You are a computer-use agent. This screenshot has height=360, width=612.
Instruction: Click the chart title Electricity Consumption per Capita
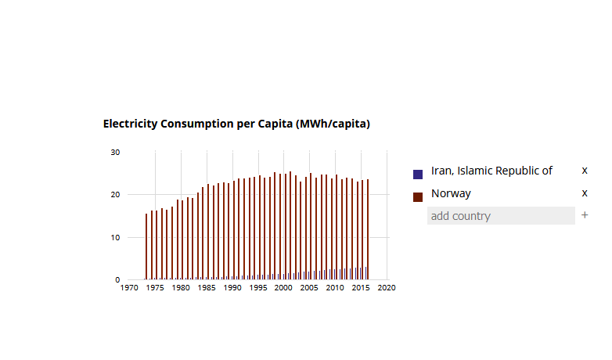point(236,124)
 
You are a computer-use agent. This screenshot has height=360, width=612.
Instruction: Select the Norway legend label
point(451,193)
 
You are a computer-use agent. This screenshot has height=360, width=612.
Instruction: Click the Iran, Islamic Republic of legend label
point(491,171)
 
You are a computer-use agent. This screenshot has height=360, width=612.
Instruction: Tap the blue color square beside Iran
point(418,174)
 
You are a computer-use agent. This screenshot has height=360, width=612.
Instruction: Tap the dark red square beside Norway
point(418,196)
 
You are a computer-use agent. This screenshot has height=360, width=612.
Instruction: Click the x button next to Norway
point(585,193)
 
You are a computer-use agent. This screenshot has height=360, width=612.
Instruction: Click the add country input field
point(501,216)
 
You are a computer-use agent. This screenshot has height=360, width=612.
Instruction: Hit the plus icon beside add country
point(585,215)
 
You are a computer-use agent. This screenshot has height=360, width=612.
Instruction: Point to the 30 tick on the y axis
point(115,152)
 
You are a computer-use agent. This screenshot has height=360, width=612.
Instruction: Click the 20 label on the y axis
point(115,195)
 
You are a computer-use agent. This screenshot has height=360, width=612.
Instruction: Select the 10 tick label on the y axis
point(115,237)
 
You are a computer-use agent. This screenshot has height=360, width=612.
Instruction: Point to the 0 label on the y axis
point(117,279)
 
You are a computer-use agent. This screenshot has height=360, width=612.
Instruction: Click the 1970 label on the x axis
point(130,288)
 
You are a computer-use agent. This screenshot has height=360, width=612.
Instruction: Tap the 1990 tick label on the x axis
point(232,288)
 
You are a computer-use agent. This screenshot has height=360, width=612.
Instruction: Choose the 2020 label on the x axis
point(387,288)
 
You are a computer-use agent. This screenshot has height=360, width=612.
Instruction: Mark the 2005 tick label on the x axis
point(310,288)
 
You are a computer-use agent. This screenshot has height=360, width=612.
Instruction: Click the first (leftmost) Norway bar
point(146,247)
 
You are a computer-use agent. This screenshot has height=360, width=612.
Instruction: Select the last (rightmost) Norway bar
point(368,229)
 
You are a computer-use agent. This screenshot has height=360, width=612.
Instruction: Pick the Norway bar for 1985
point(207,232)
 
